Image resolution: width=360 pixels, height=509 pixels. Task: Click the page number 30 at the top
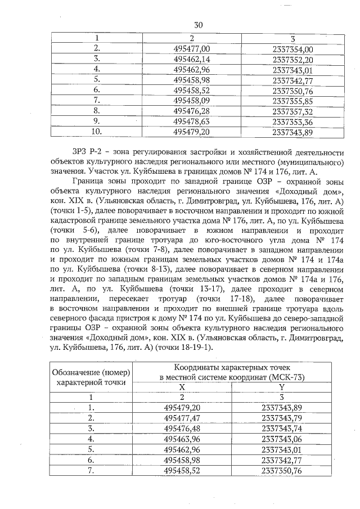pyautogui.click(x=198, y=25)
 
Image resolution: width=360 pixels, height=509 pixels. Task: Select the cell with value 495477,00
pyautogui.click(x=192, y=49)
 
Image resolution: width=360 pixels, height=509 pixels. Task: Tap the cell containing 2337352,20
pyautogui.click(x=292, y=59)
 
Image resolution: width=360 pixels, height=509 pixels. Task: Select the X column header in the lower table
pyautogui.click(x=181, y=388)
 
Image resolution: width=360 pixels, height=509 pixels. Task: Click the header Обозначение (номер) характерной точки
pyautogui.click(x=91, y=377)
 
